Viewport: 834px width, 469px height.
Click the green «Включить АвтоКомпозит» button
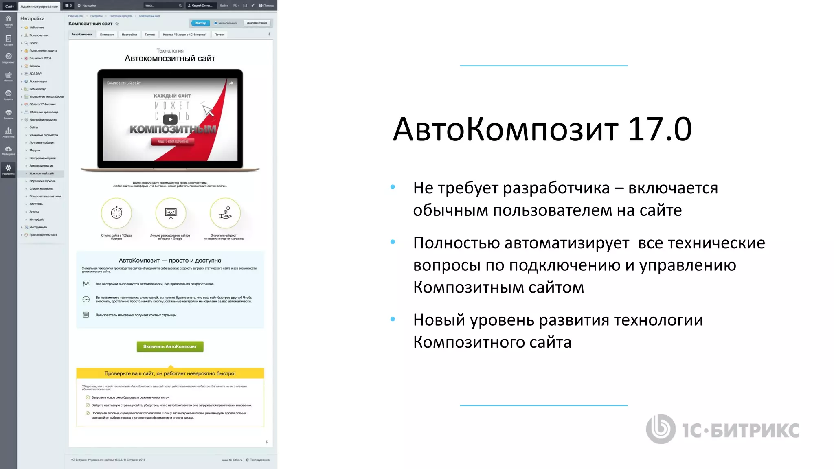170,346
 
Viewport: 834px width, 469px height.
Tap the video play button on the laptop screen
170,119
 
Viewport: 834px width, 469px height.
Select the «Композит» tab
107,35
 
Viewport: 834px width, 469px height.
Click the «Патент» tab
219,35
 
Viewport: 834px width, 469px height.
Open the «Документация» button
257,23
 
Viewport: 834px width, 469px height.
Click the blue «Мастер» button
200,23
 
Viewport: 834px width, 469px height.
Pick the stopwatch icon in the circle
116,213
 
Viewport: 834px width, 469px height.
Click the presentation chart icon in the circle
171,213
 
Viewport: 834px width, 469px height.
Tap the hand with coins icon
225,213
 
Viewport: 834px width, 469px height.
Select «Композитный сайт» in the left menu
42,173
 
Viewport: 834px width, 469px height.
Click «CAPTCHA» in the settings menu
36,204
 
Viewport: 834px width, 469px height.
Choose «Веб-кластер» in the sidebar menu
37,89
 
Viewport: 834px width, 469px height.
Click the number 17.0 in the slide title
660,129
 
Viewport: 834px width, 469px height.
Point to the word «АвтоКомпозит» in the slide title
505,129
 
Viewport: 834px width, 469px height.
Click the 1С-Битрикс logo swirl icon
661,429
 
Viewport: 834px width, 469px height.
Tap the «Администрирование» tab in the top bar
39,6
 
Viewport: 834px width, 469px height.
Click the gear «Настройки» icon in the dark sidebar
8,169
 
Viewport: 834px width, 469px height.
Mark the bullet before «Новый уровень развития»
393,319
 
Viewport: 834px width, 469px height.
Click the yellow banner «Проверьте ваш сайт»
170,373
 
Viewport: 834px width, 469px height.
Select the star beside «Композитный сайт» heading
117,24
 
